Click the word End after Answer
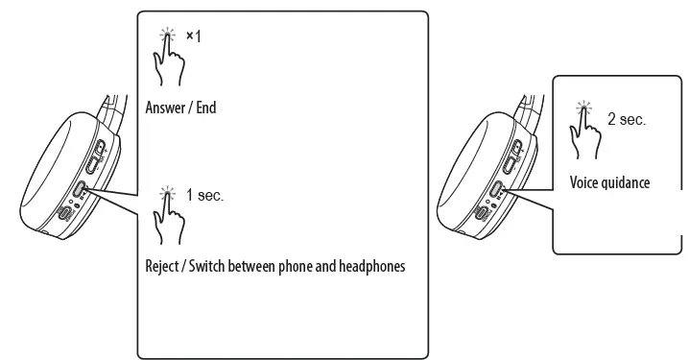pyautogui.click(x=206, y=108)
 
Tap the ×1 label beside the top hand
pyautogui.click(x=193, y=36)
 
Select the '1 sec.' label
pyautogui.click(x=204, y=195)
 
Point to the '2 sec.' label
pyautogui.click(x=627, y=120)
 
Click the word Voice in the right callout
pyautogui.click(x=583, y=182)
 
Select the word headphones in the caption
pyautogui.click(x=373, y=266)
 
